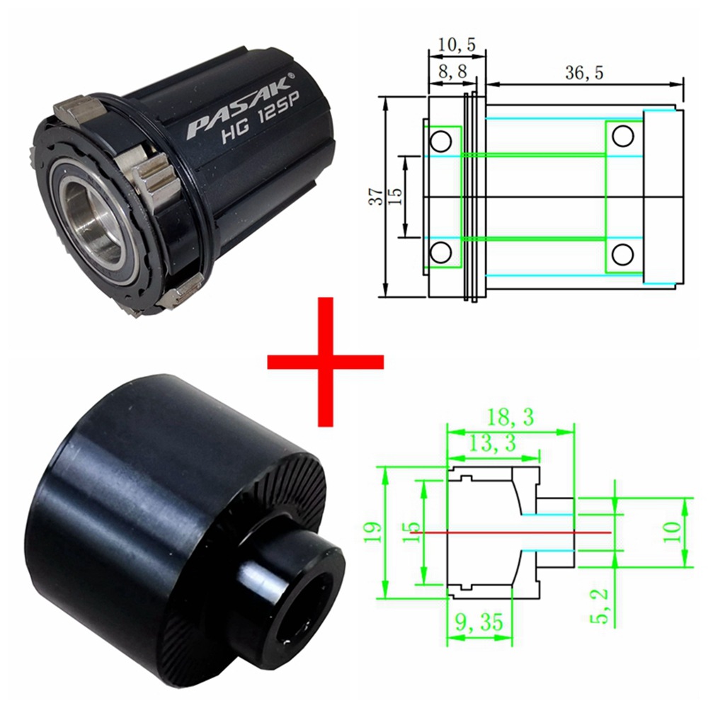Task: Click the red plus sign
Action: pos(325,362)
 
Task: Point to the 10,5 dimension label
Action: pos(457,45)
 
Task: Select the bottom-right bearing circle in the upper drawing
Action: pos(624,253)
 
